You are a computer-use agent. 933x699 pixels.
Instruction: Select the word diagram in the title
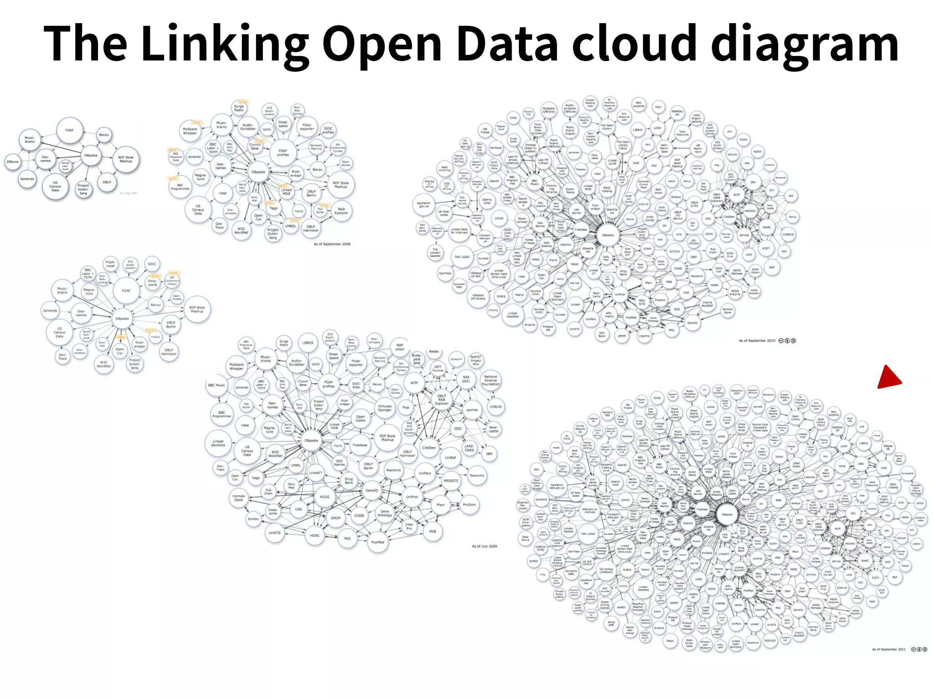coord(805,44)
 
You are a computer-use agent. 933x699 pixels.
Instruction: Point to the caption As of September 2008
coord(332,244)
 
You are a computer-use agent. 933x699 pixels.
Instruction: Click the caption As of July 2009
coord(484,546)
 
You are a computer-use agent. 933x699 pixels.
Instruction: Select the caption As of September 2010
coord(757,340)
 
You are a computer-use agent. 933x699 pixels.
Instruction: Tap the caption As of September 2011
coord(889,649)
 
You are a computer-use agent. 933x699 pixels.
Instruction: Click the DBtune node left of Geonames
coord(12,162)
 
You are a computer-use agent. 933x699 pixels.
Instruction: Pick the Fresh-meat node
coord(110,264)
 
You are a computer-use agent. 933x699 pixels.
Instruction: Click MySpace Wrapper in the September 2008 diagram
coord(190,131)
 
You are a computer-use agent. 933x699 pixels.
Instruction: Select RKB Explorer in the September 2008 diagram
coord(341,211)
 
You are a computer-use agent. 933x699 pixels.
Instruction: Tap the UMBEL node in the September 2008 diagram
coord(291,226)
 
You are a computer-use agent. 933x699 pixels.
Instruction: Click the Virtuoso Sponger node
coord(384,408)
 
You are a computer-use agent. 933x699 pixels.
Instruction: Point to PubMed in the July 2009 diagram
coord(378,542)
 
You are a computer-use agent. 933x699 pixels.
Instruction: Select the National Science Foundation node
coord(491,380)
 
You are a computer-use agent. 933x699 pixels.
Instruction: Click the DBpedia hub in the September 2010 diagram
coord(608,235)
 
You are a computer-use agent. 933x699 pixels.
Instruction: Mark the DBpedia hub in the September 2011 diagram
coord(727,515)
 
